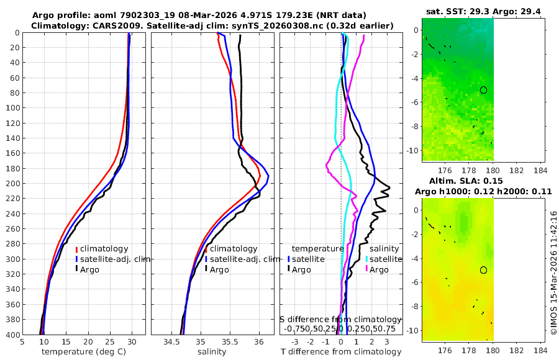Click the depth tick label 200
coord(11,183)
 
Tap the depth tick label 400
coord(11,335)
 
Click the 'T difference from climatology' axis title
coord(342,352)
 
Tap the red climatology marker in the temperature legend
coord(76,249)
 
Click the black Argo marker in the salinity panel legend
coord(206,269)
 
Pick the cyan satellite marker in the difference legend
coord(366,259)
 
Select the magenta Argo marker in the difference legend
coord(366,269)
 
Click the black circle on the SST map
coord(483,90)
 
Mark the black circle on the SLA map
coord(483,270)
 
